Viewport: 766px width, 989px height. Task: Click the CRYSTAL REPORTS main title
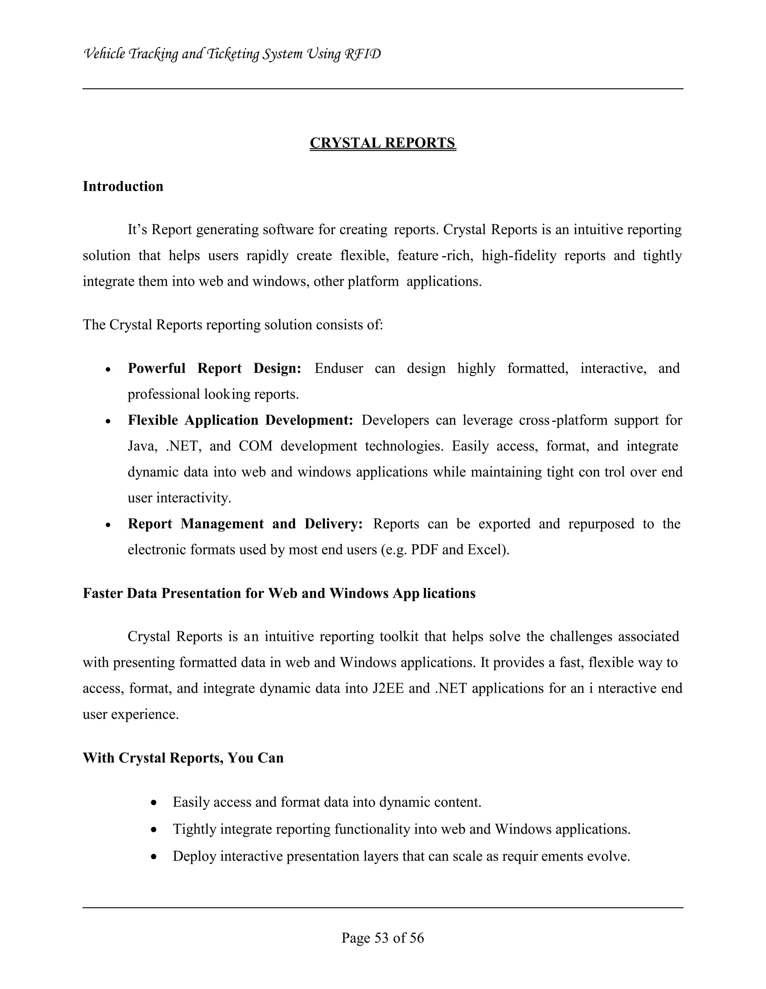point(383,143)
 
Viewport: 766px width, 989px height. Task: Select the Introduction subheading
point(123,187)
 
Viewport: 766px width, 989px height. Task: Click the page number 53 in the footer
point(382,938)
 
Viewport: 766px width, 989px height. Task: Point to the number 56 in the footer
point(417,938)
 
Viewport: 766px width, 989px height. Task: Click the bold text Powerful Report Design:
point(214,368)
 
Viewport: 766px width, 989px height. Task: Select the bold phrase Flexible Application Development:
point(240,420)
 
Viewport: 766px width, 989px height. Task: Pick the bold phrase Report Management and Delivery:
point(245,524)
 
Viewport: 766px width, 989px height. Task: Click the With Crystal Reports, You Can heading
point(183,758)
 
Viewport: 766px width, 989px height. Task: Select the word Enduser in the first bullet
point(338,368)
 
